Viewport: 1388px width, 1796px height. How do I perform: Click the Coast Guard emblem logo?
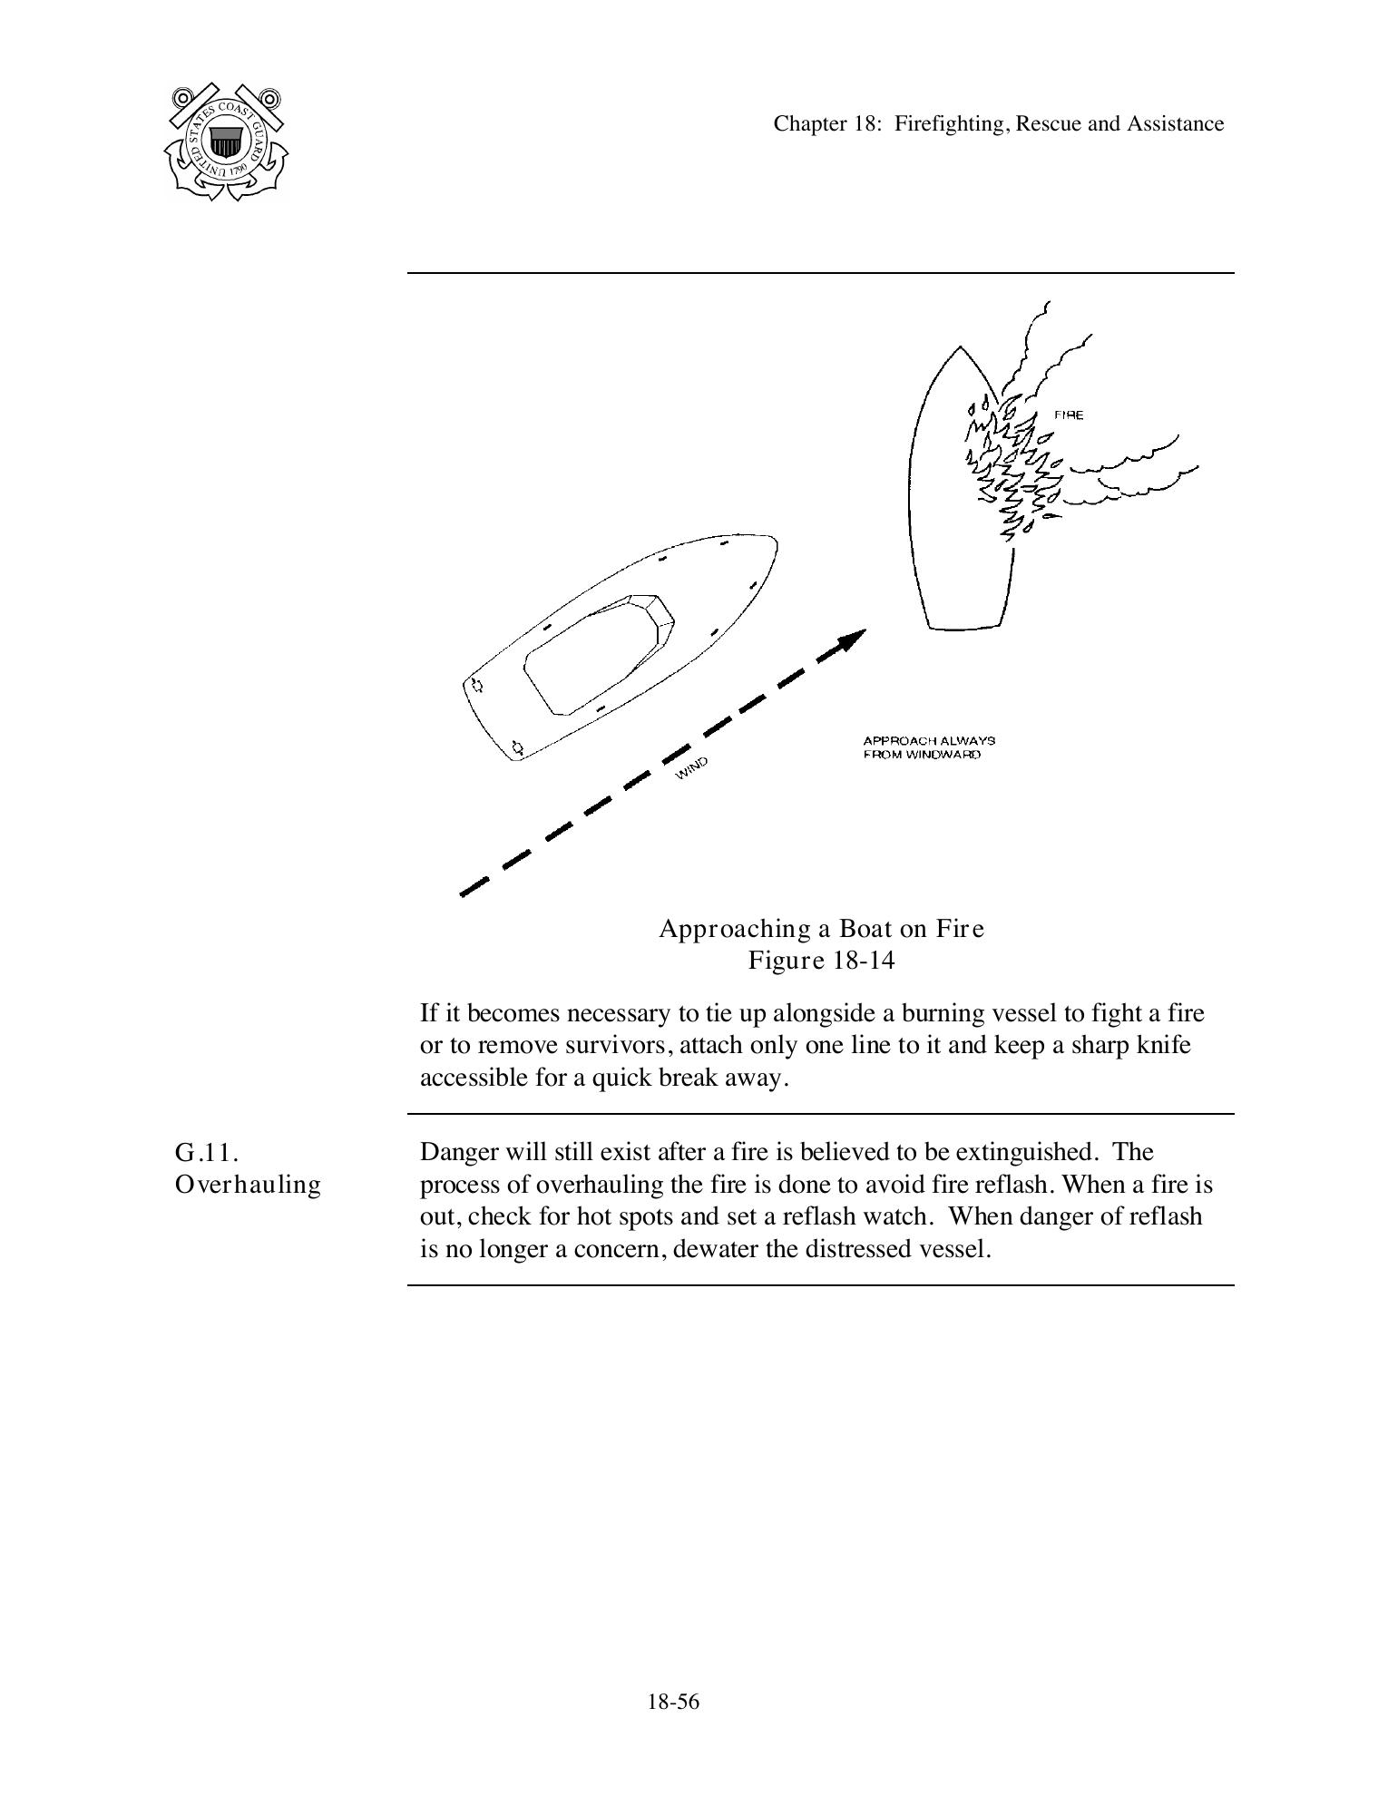click(x=226, y=142)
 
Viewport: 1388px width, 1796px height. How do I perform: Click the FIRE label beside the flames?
click(x=1068, y=415)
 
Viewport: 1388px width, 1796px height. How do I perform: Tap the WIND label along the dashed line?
click(x=691, y=767)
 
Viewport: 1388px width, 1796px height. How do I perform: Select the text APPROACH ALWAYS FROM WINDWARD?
click(x=928, y=747)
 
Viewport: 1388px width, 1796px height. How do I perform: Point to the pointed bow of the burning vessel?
click(x=960, y=349)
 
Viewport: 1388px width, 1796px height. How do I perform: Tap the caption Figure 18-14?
click(x=821, y=961)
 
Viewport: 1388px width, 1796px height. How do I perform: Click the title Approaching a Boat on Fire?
click(x=821, y=929)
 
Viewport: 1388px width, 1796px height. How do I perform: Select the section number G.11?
click(x=206, y=1153)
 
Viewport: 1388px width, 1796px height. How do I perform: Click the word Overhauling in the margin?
click(x=248, y=1186)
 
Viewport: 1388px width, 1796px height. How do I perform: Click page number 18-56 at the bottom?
click(x=673, y=1702)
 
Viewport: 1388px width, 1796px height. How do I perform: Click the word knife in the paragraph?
click(x=1162, y=1045)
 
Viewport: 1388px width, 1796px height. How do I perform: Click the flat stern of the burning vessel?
click(x=966, y=627)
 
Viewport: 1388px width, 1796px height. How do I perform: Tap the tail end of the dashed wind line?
click(x=464, y=893)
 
